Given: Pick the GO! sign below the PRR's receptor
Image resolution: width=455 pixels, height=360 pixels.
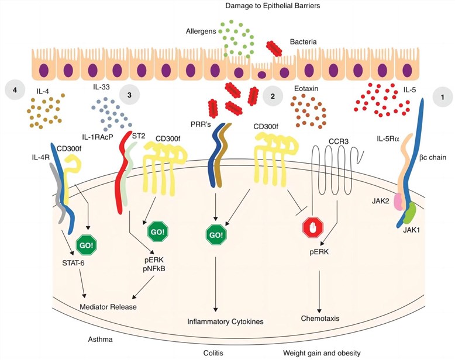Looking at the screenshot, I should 216,236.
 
